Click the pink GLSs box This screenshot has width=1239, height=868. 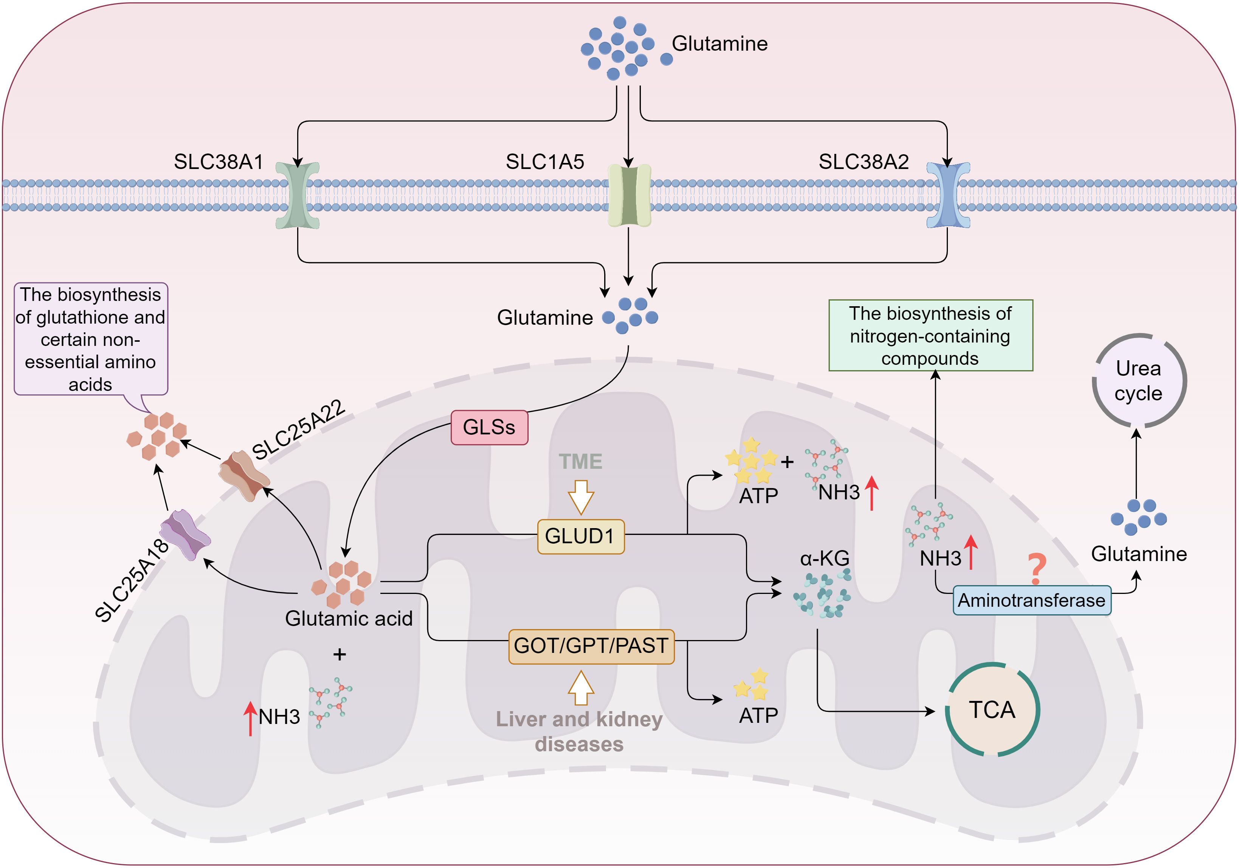(489, 427)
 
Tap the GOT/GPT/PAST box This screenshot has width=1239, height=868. (591, 646)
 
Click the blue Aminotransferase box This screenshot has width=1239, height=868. (1032, 600)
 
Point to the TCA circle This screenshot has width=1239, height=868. (992, 709)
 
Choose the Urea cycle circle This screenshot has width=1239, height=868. (1139, 380)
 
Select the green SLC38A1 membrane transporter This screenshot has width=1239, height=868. (297, 195)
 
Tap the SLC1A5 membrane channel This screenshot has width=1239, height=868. (629, 195)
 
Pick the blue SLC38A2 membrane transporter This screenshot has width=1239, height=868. (947, 195)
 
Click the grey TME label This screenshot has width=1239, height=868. (580, 461)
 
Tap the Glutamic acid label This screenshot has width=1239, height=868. (349, 618)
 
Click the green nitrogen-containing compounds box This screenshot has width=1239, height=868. (930, 336)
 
